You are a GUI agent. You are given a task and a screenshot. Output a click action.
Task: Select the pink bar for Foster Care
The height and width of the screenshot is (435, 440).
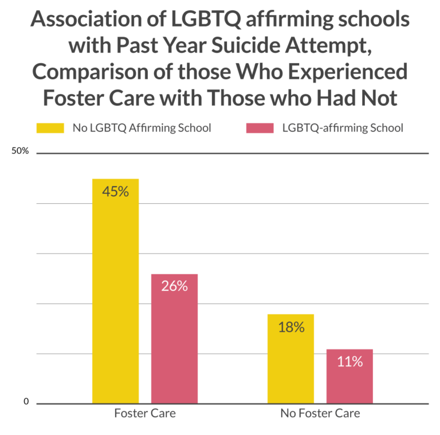[174, 338]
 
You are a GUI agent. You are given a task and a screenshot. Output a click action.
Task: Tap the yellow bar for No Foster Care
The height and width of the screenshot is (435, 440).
[290, 358]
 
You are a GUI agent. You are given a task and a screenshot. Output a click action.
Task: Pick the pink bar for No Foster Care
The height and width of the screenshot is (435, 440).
[349, 376]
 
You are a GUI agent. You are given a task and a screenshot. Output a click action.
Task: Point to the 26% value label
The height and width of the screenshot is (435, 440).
[174, 286]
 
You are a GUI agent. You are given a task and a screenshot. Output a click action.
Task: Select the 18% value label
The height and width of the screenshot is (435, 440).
[290, 328]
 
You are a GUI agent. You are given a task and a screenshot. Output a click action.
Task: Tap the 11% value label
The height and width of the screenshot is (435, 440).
[349, 362]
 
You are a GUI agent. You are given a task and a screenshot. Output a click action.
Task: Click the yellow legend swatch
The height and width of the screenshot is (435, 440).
[50, 128]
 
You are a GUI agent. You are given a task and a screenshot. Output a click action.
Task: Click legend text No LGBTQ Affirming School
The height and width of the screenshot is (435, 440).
[142, 128]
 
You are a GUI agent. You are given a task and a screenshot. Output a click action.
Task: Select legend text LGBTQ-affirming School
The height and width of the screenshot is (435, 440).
[343, 128]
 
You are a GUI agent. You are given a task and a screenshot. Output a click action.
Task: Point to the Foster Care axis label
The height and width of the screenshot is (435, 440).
[145, 413]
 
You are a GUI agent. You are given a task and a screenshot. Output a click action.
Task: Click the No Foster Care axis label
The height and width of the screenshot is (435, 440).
[320, 413]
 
